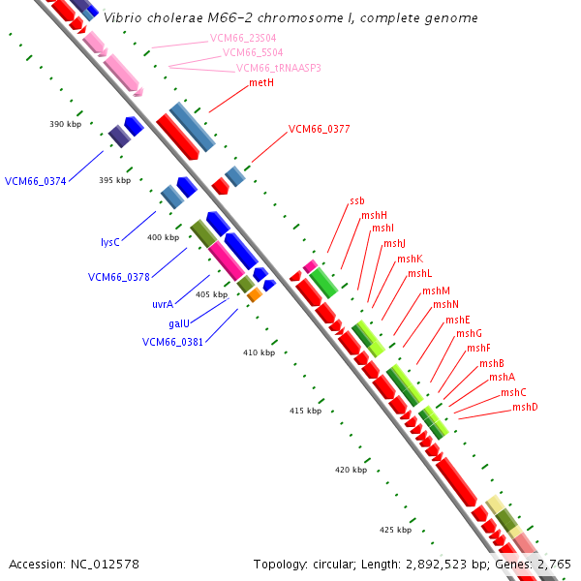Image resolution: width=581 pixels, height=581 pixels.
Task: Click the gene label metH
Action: coord(261,83)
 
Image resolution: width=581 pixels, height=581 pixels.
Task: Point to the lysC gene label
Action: coord(110,242)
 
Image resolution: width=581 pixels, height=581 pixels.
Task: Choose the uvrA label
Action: coord(163,304)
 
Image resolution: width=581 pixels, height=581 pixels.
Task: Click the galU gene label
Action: coord(179,323)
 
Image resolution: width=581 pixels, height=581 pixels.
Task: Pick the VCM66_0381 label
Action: coord(172,342)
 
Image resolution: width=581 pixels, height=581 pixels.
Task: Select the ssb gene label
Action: coord(357,201)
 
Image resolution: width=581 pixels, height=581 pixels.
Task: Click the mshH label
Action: coord(374,215)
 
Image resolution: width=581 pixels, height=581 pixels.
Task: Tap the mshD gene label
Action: coord(525,407)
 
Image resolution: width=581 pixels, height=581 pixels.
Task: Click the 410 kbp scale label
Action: coord(259,352)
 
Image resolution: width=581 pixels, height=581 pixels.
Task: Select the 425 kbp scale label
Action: coord(395,530)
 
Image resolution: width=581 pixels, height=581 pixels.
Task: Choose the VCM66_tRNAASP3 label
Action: coord(279,68)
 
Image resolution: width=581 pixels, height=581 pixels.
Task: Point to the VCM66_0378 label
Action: coord(118,277)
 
